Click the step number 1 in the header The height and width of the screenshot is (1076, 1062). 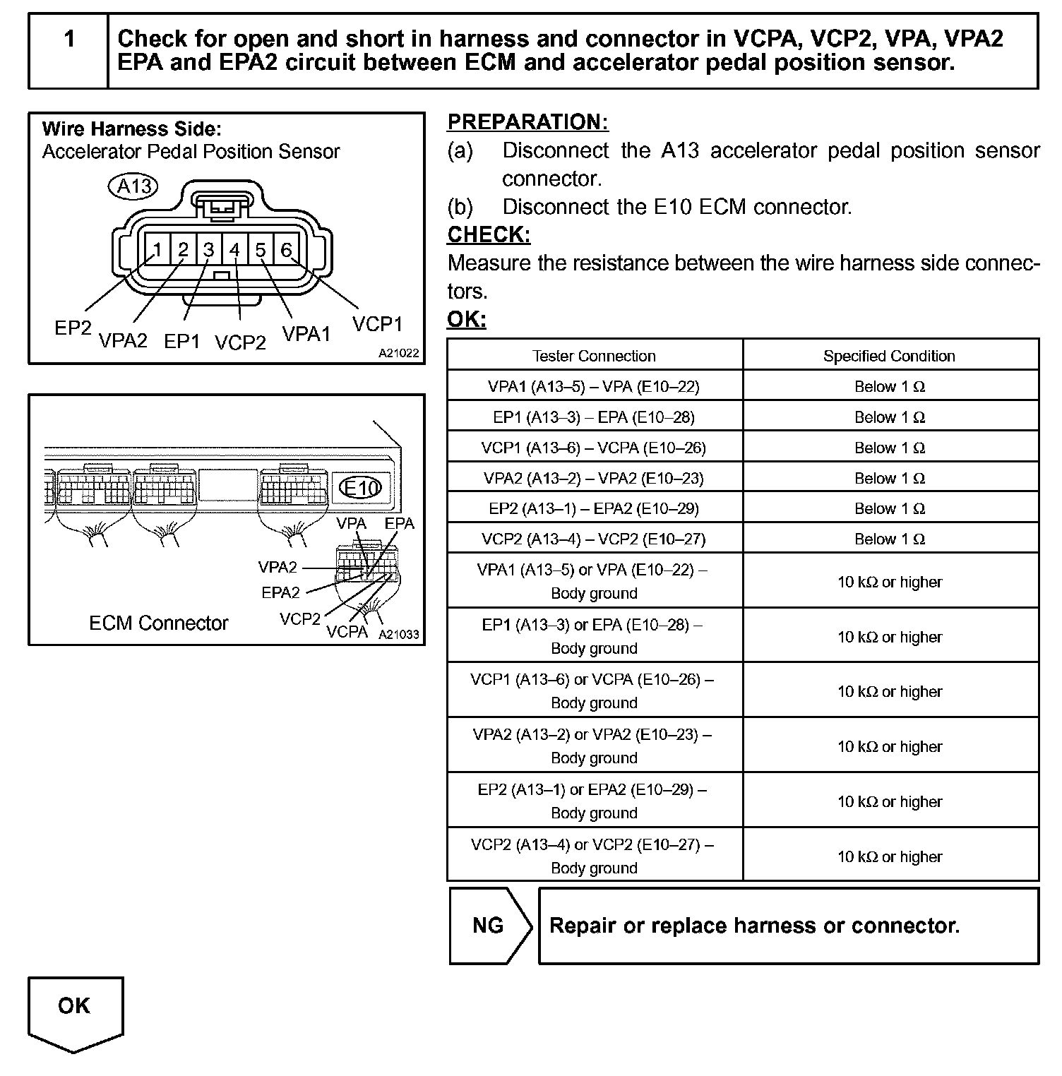tap(69, 40)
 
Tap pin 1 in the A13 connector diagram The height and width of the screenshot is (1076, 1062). tap(157, 250)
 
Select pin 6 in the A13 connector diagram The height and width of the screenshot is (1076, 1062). tap(286, 250)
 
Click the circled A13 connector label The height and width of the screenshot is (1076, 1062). tap(133, 186)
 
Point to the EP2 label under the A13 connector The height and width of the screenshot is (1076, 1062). tap(73, 328)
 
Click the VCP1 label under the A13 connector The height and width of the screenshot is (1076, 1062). tap(377, 324)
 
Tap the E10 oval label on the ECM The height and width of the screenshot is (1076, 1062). tap(360, 487)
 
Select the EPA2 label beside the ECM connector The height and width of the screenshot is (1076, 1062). tap(280, 592)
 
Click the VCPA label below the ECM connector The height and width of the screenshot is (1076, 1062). tap(347, 631)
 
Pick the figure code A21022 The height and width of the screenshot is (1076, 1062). tap(398, 353)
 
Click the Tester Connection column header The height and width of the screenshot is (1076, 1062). tap(594, 356)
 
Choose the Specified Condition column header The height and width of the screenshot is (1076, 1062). tap(889, 356)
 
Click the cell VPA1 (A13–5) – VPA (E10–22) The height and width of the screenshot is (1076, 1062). tap(594, 386)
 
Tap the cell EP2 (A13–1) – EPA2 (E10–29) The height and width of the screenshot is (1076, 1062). tap(594, 508)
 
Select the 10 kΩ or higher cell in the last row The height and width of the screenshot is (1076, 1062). tap(890, 856)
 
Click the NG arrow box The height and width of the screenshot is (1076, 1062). tap(489, 926)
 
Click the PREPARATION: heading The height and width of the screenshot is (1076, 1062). tap(527, 122)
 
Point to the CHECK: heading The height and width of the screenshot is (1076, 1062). tap(489, 234)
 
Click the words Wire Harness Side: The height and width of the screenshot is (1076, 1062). tap(131, 129)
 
